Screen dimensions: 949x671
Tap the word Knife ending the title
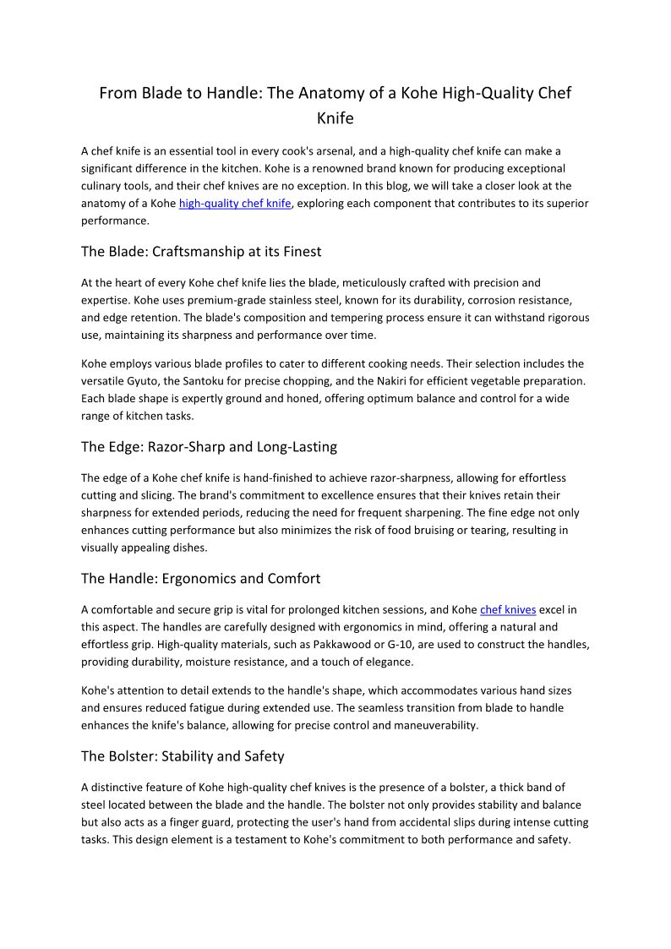(335, 118)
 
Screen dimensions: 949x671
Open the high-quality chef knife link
(235, 204)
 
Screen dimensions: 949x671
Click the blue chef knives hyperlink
(508, 609)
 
